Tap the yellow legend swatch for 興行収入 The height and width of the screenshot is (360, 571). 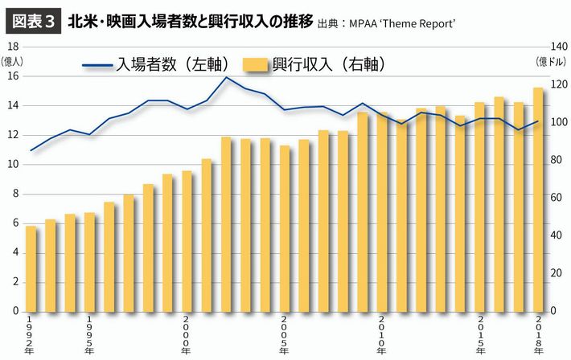(255, 63)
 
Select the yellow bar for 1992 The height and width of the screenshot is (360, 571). (31, 268)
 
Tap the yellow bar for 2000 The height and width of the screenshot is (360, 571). (187, 241)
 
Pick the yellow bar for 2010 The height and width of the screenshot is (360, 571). (381, 212)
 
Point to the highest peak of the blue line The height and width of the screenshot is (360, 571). (226, 77)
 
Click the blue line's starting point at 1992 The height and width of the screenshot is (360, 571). (31, 150)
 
